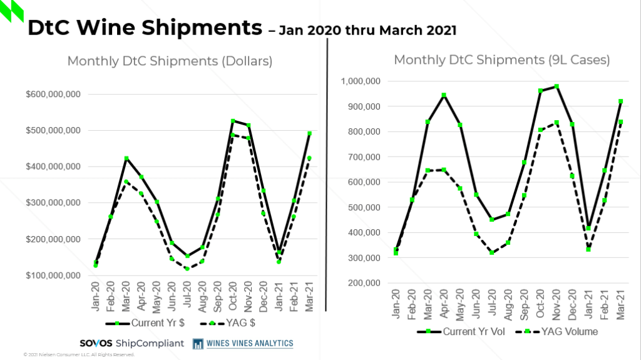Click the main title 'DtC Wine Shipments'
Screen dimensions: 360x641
[x=144, y=28]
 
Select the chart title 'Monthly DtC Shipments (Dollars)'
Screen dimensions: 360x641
[x=170, y=61]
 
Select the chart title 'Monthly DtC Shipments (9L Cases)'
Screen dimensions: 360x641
[x=502, y=60]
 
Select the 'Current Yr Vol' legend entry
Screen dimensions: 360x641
[x=463, y=331]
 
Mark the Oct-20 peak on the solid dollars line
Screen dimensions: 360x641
[x=233, y=121]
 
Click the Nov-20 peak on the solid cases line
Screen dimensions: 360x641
[x=556, y=86]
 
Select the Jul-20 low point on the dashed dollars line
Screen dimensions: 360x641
[x=187, y=269]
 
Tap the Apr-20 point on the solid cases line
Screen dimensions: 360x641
[x=444, y=95]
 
